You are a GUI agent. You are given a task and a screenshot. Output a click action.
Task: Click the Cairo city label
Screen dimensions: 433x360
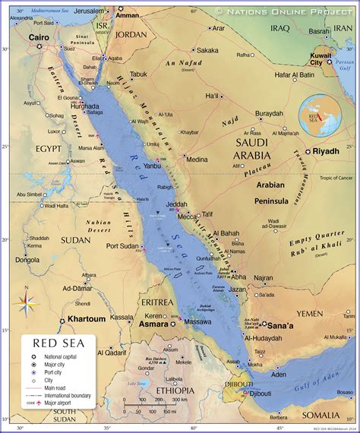[39, 36]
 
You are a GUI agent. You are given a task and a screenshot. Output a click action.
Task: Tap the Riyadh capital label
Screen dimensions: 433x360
[325, 151]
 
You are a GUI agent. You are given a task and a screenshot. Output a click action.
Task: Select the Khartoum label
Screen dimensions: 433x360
[86, 319]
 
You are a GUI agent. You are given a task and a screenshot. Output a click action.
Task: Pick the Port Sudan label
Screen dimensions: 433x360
[123, 245]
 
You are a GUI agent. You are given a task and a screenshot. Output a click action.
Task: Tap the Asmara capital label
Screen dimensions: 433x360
[153, 324]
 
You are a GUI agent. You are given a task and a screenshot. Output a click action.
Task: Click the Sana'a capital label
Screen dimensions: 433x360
[284, 324]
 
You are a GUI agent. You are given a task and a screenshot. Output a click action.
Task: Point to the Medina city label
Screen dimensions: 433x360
[197, 160]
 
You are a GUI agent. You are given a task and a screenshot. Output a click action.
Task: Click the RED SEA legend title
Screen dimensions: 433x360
[58, 343]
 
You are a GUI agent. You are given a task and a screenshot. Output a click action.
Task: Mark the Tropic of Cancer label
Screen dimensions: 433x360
[335, 178]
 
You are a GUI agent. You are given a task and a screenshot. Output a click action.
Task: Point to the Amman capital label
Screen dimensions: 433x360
[128, 15]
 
